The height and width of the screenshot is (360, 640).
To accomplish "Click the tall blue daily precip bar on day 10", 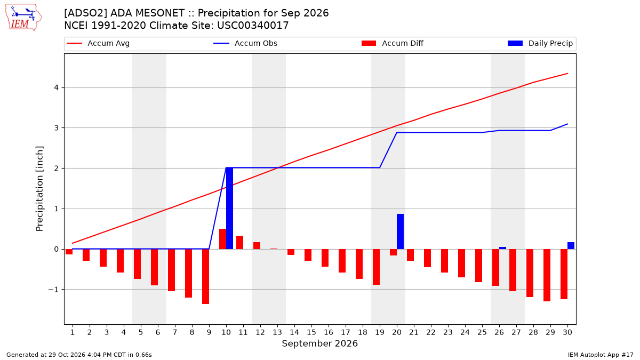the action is coord(229,209).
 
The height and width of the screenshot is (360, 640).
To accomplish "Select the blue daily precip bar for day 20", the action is coord(401,231).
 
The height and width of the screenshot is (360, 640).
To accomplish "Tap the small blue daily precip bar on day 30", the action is coord(571,246).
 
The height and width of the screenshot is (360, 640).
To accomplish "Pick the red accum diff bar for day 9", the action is coord(206,277).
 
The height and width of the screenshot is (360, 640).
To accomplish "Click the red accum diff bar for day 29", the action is coord(547,275).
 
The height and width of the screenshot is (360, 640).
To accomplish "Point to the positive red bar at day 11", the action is coord(239,243).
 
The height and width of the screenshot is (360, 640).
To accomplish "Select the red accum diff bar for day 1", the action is coord(69,252).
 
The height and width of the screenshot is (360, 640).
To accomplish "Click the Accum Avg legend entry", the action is coord(98,43).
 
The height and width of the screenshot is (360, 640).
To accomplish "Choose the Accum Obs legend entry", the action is coord(245,43).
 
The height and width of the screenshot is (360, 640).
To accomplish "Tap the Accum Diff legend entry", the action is coord(393,43).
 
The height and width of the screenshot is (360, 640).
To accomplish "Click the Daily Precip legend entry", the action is coord(540,43).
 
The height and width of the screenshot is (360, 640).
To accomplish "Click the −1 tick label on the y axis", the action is coord(53,290).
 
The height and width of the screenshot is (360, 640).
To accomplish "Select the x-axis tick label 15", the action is coord(311,332).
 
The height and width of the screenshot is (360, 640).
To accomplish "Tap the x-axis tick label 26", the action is coord(499,332).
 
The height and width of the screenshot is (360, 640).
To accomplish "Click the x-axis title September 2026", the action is coord(319,343).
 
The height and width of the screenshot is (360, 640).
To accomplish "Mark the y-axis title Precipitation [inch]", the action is coord(39,189).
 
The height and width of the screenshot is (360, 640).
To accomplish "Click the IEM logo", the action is coord(23,18).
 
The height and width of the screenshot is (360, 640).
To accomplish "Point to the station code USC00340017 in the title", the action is coord(253,26).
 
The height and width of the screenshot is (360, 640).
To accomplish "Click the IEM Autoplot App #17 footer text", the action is coord(601,355).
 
